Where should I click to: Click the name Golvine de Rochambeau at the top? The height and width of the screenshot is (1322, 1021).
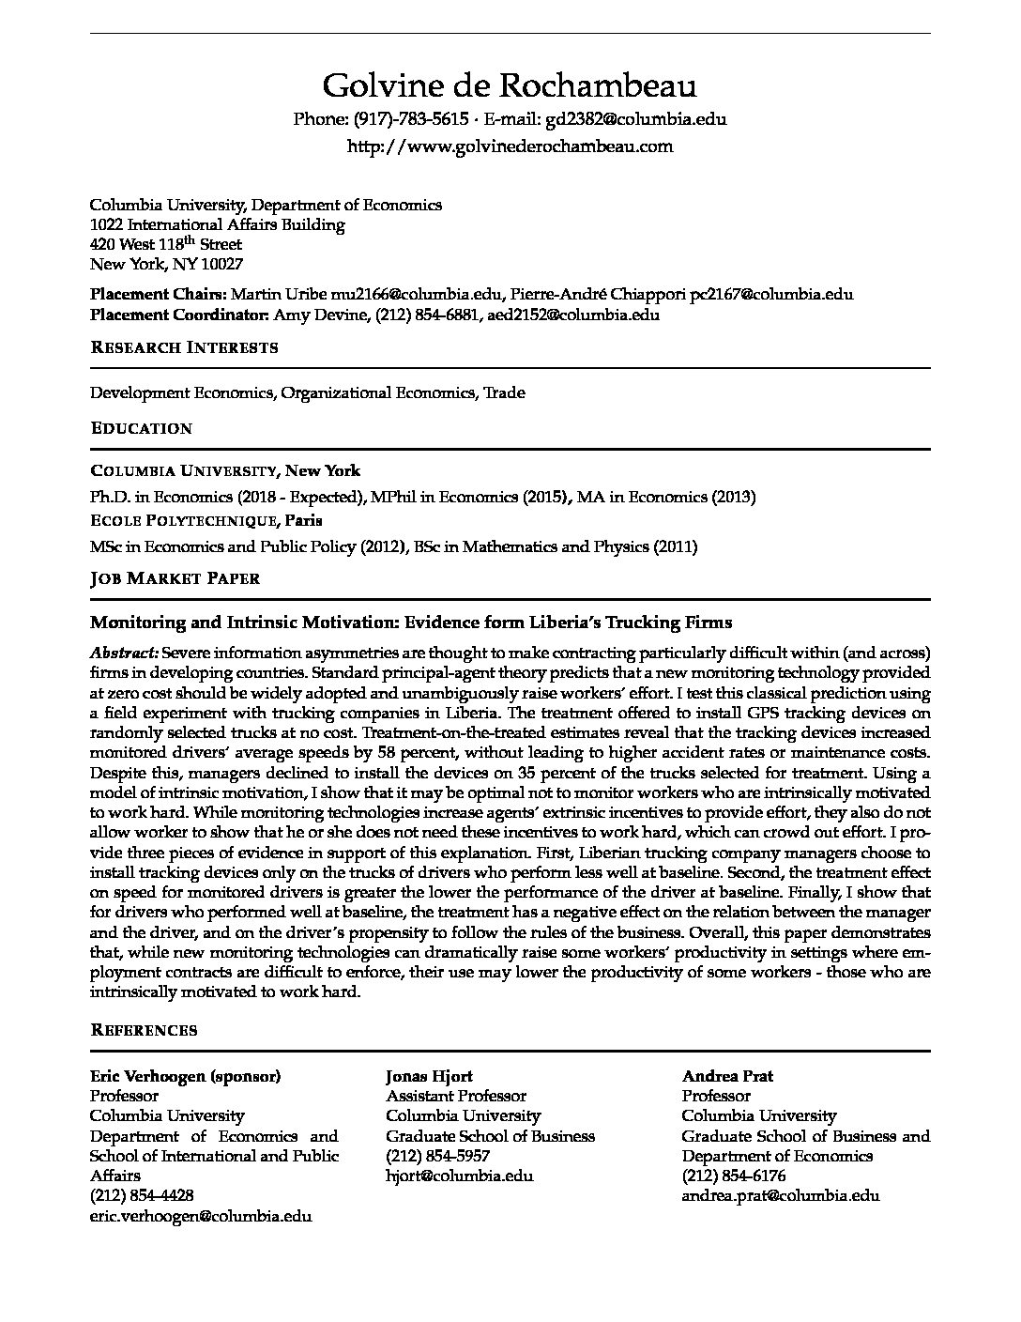pyautogui.click(x=510, y=86)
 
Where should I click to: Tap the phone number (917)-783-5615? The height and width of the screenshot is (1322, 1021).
pyautogui.click(x=411, y=119)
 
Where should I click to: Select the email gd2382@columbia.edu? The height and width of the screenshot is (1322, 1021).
pyautogui.click(x=635, y=119)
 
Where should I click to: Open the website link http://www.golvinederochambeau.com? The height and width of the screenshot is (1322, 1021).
pyautogui.click(x=510, y=146)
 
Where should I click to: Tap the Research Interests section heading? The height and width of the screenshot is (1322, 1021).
pyautogui.click(x=184, y=347)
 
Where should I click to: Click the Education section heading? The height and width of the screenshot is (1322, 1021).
pyautogui.click(x=141, y=428)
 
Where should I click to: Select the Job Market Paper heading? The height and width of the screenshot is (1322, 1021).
pyautogui.click(x=175, y=578)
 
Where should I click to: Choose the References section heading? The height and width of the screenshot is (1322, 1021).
pyautogui.click(x=144, y=1030)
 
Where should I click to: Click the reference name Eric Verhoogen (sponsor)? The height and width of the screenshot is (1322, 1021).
pyautogui.click(x=185, y=1076)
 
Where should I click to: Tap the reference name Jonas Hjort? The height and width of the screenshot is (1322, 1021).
pyautogui.click(x=429, y=1076)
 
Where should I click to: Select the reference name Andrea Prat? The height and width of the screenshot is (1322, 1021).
pyautogui.click(x=727, y=1076)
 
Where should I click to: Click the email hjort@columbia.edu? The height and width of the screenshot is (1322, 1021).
pyautogui.click(x=459, y=1176)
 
